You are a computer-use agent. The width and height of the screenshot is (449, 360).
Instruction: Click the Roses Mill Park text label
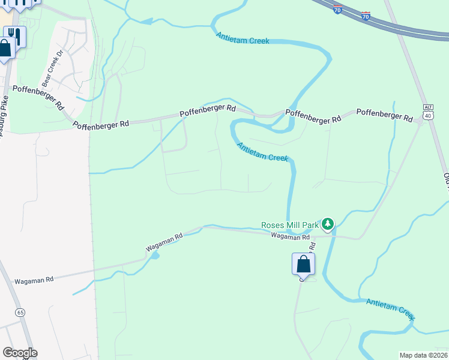coord(289,225)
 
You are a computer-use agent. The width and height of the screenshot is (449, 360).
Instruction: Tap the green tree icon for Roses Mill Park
coord(327,224)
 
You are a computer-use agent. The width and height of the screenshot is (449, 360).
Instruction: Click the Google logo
coord(20,353)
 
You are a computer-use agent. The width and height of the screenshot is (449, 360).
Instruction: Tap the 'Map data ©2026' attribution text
coord(424,355)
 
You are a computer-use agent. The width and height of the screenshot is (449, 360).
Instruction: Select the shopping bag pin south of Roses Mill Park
coord(303,264)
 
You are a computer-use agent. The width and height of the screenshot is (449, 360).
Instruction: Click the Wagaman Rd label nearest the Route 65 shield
coord(34,280)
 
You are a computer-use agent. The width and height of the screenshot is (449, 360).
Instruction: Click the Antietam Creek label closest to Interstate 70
coord(243,37)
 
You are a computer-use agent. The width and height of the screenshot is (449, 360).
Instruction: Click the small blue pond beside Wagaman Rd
coord(155,256)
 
